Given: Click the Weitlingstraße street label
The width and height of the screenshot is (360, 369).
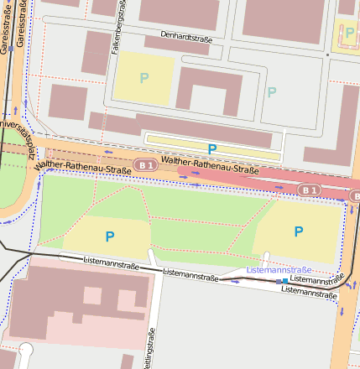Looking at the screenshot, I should [x=151, y=347].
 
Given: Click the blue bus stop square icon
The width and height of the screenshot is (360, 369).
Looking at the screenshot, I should [x=285, y=280].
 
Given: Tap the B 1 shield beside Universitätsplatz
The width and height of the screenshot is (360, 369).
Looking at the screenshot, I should [x=145, y=165].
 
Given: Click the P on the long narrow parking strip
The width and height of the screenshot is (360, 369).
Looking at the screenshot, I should [x=212, y=148].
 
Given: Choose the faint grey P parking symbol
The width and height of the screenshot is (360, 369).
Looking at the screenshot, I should [x=270, y=92].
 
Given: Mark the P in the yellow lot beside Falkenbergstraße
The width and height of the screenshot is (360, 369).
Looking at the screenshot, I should [x=143, y=79].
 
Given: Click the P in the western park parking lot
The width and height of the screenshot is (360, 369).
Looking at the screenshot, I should [x=109, y=236].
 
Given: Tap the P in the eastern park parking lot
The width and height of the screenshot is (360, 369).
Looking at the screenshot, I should [x=298, y=231].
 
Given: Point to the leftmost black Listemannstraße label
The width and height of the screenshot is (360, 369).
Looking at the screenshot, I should [x=111, y=262].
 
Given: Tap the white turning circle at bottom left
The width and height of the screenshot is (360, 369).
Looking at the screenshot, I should [x=26, y=350].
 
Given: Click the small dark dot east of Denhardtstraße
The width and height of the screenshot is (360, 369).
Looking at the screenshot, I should [x=326, y=55].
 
